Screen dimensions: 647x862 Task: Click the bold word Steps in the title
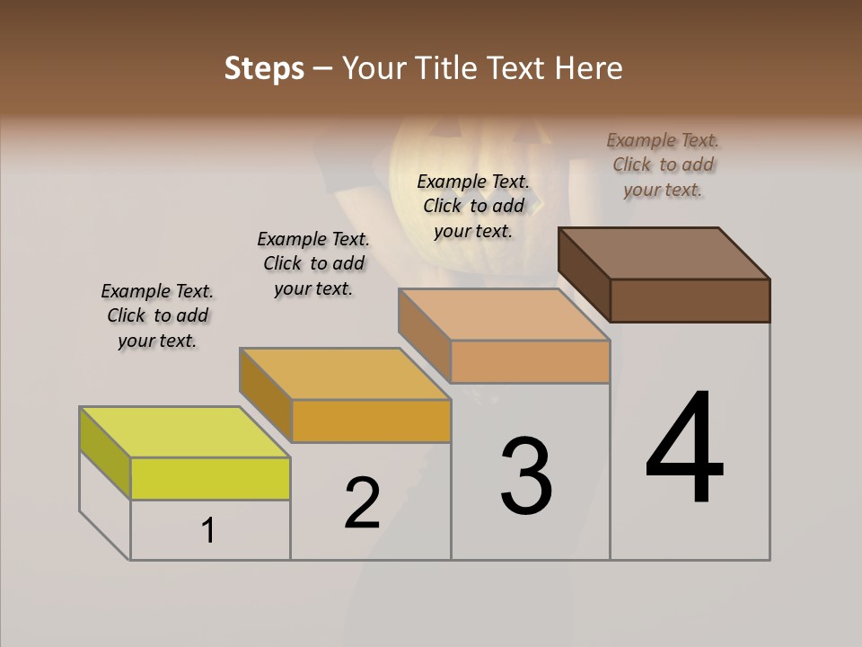click(264, 68)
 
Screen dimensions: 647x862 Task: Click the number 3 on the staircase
click(526, 476)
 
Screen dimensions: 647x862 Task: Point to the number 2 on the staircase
click(363, 503)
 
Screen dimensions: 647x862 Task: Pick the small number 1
click(207, 531)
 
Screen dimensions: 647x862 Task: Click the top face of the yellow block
click(185, 432)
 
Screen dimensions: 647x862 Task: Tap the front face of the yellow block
click(210, 478)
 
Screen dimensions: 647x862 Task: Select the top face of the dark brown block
click(664, 253)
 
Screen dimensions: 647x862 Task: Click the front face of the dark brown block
click(690, 300)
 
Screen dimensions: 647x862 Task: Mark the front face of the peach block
click(530, 361)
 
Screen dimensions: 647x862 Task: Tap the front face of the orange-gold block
click(370, 421)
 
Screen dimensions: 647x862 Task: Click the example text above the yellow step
click(157, 315)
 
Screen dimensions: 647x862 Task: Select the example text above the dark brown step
click(663, 164)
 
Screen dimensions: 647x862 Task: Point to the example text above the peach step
click(473, 206)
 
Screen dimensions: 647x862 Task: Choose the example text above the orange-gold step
click(313, 263)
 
